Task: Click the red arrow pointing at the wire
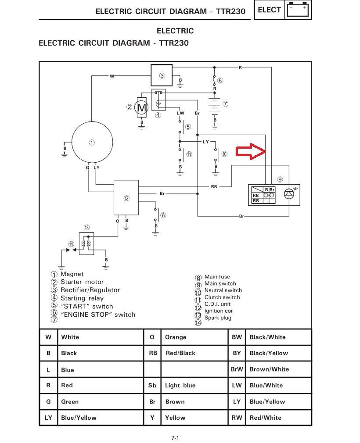(250, 151)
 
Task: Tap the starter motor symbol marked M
(141, 107)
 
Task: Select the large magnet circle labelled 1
(91, 143)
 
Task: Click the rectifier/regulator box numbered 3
(162, 75)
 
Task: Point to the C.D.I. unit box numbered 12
(127, 198)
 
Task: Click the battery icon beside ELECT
(297, 10)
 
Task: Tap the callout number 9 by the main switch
(280, 179)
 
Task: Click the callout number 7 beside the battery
(225, 104)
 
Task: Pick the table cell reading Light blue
(180, 386)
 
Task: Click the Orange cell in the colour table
(176, 337)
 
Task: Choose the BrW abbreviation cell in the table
(237, 369)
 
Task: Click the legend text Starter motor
(82, 282)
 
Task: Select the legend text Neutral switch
(223, 290)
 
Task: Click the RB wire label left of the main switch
(214, 186)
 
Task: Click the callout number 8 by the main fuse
(220, 80)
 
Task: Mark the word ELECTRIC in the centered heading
(175, 31)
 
